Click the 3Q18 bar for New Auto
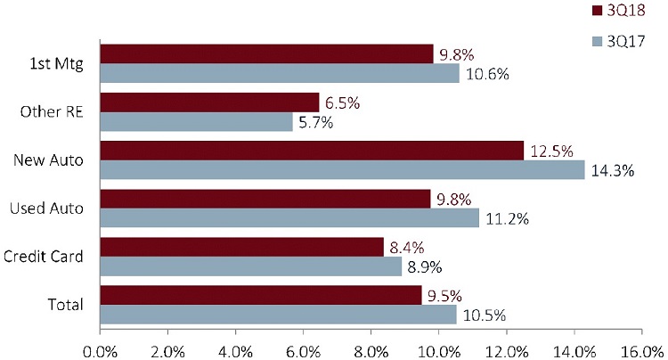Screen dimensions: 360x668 (312, 151)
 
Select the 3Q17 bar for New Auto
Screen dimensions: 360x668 (342, 170)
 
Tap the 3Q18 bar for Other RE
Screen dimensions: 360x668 (209, 102)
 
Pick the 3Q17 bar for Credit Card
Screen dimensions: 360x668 (250, 266)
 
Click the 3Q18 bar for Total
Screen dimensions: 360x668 (261, 295)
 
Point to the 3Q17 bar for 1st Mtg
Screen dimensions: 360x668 (280, 74)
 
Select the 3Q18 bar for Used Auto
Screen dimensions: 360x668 (265, 199)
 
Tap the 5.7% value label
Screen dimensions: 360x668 (316, 123)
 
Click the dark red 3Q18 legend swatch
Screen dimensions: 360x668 (598, 11)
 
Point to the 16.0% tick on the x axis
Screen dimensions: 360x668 (643, 349)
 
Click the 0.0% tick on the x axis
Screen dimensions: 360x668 (100, 349)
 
